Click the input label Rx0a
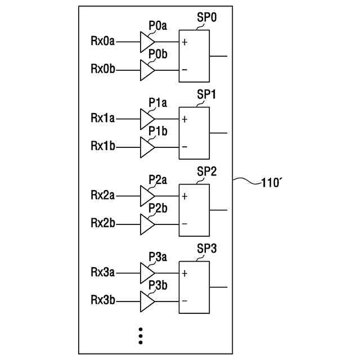tap(103, 41)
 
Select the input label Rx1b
tap(103, 146)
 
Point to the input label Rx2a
tap(103, 195)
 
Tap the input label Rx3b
tap(103, 300)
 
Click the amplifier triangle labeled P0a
tap(146, 41)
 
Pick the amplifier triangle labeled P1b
tap(146, 147)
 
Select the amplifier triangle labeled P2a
tap(146, 196)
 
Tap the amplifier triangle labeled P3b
tap(146, 301)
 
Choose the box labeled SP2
tap(193, 209)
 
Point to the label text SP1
tap(206, 94)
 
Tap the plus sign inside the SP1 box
tap(184, 119)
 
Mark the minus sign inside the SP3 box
tap(184, 300)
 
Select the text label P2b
tap(157, 208)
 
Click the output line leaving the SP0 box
tap(218, 56)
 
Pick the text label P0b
tap(157, 53)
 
